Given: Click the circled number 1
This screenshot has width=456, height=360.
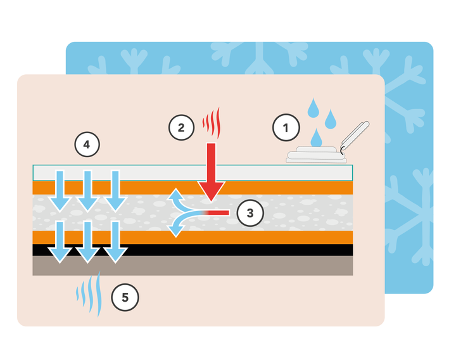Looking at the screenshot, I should point(286,127).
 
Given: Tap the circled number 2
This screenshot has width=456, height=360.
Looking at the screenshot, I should point(181,127).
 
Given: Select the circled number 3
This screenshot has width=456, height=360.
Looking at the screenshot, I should point(250,213).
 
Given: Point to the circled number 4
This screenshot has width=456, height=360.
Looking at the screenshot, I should point(87,145).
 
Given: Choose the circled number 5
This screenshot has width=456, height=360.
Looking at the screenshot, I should point(124,297).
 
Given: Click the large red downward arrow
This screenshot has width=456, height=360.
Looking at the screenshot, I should point(210,171).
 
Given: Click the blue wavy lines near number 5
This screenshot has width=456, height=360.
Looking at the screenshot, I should point(89,293).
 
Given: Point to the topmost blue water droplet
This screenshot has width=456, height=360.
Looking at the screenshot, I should point(312,107).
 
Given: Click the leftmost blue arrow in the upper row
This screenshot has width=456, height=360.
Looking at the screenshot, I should point(60,190).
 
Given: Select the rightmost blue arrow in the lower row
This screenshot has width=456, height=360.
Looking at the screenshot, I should point(115,242).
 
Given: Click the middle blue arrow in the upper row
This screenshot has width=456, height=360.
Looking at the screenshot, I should point(87,190).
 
